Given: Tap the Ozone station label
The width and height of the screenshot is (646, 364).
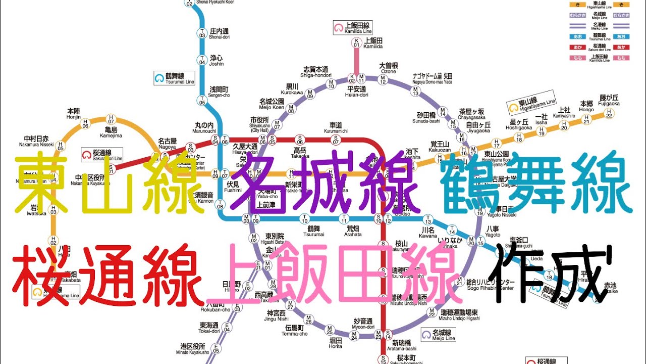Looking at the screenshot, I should coord(389,68).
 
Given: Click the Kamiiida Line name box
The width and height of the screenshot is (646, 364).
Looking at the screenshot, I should coord(353,28).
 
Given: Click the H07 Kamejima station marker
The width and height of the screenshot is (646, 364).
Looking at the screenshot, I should coord(111,120).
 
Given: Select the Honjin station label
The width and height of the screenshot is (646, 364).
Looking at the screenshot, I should coord(74,114).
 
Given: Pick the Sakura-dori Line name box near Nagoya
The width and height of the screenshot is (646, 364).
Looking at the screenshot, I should coord(102,155).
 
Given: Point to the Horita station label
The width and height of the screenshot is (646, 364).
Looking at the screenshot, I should coord(335,343).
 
